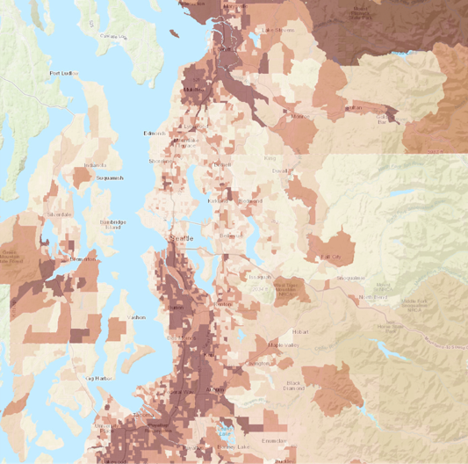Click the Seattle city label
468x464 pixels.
click(x=182, y=239)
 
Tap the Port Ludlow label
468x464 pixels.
click(x=64, y=73)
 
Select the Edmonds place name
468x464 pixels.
click(x=155, y=134)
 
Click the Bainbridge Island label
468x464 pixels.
click(x=114, y=224)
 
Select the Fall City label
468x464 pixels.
click(x=331, y=256)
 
